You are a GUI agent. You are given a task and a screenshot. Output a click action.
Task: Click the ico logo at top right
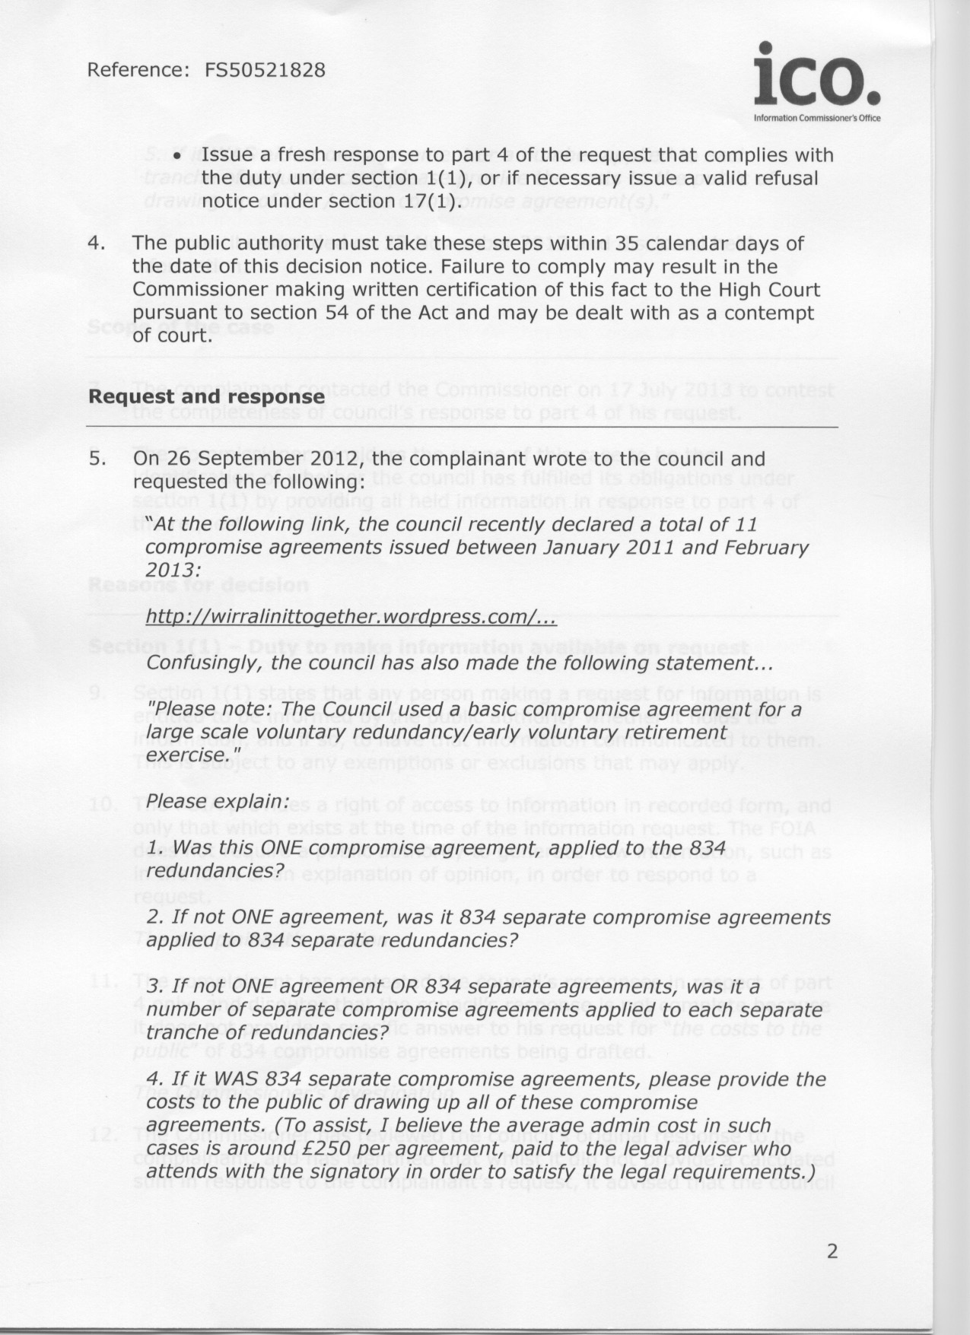click(816, 76)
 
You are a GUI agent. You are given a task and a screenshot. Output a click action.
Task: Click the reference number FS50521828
click(265, 71)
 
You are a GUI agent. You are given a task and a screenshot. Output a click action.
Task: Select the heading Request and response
click(206, 397)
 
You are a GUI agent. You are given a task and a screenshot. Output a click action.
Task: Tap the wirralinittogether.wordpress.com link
click(351, 617)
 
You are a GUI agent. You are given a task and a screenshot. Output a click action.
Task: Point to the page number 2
click(832, 1251)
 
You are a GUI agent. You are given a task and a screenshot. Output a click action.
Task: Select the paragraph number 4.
click(95, 244)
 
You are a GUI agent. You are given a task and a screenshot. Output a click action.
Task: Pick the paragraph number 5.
click(95, 459)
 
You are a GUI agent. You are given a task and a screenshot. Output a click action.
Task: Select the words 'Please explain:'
click(218, 802)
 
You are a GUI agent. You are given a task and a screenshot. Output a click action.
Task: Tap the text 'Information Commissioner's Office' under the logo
click(816, 119)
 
